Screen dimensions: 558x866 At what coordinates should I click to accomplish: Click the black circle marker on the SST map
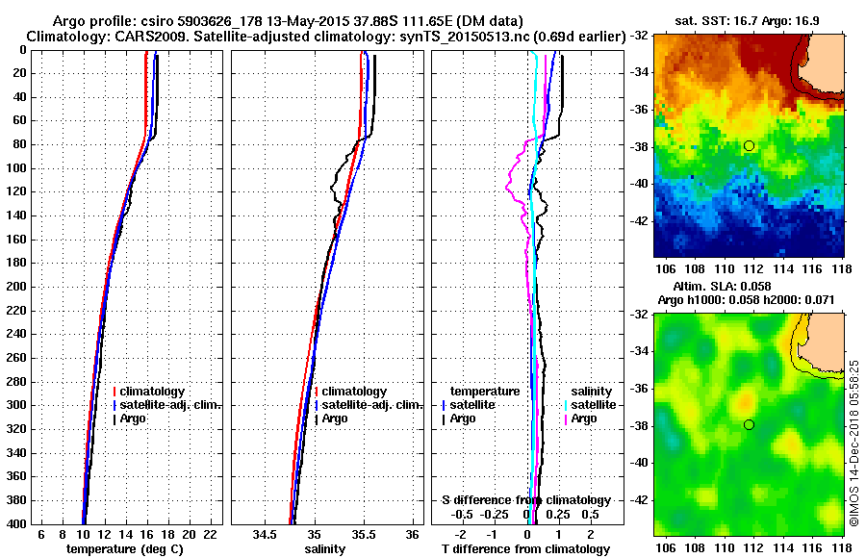coord(749,145)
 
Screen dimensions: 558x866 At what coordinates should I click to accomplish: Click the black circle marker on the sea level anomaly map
coord(749,424)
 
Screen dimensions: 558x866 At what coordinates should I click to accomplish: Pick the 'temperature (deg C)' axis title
coord(124,549)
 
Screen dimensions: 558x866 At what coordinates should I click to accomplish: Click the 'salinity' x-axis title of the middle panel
coord(324,549)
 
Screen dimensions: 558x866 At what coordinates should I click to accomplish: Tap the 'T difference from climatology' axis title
coord(524,549)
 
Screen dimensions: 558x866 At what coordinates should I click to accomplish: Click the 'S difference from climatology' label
coord(525,500)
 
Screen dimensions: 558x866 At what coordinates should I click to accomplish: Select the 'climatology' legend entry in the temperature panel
coord(154,392)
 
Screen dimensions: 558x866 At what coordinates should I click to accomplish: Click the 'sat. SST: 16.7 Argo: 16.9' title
coord(748,20)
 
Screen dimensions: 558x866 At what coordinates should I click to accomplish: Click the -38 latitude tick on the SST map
coord(637,146)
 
